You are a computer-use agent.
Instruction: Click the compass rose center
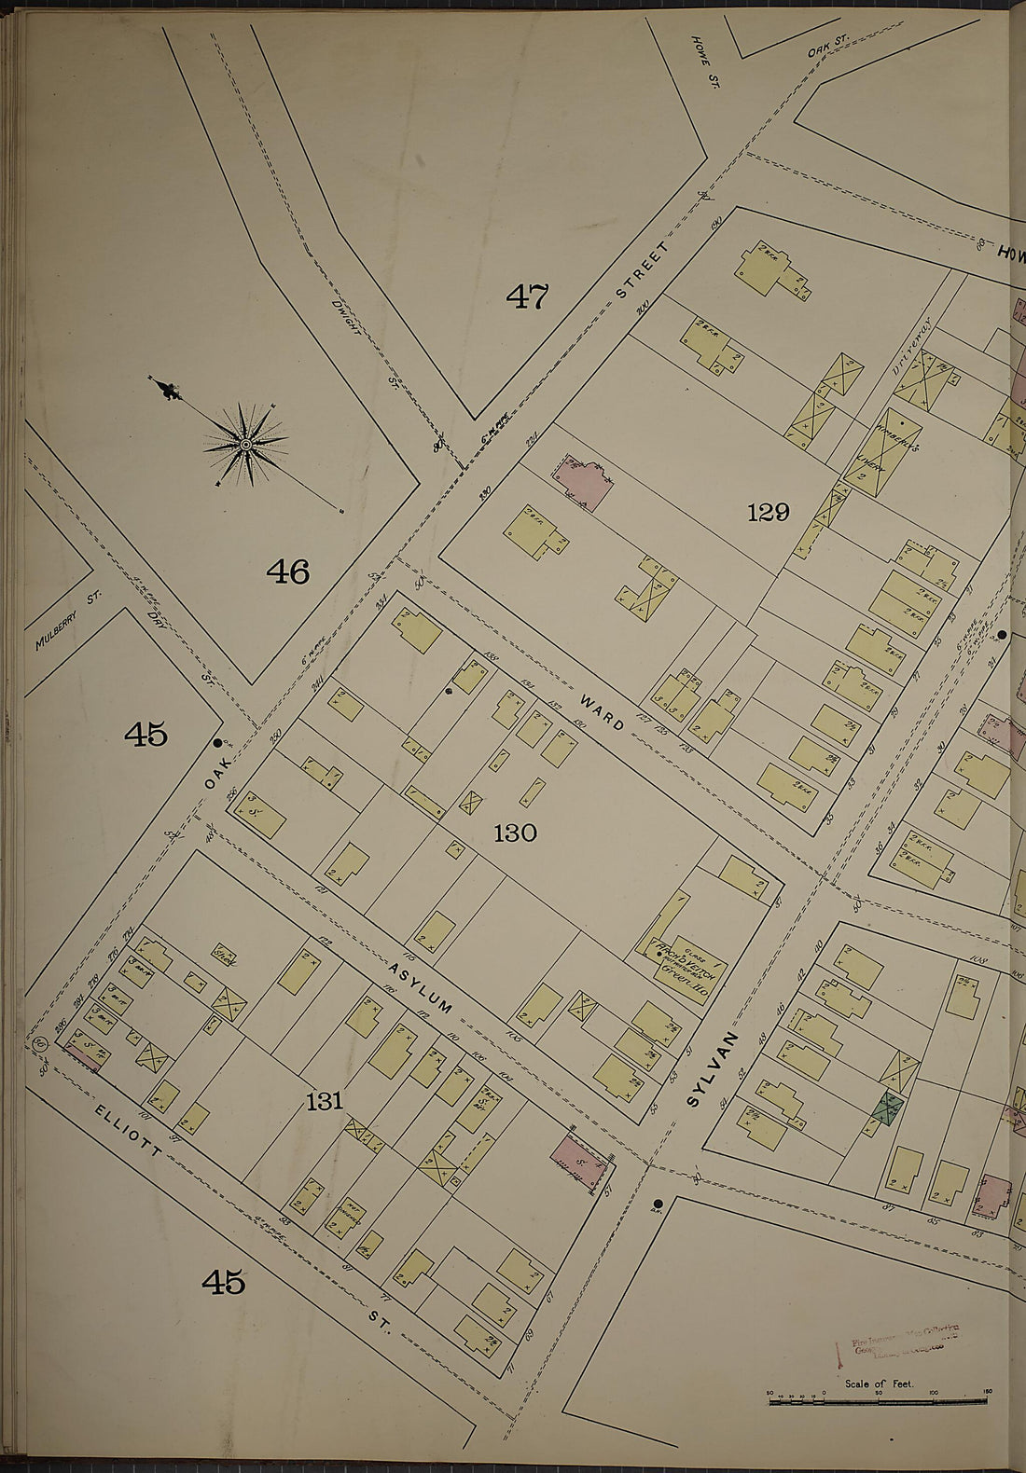(x=245, y=445)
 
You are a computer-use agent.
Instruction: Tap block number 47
(x=527, y=296)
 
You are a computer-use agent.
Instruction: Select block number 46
(x=287, y=571)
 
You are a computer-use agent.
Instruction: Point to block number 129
(x=768, y=511)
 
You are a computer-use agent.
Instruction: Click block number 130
(x=515, y=833)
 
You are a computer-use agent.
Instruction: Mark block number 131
(x=324, y=1102)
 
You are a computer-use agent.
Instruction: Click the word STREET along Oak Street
(x=643, y=269)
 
